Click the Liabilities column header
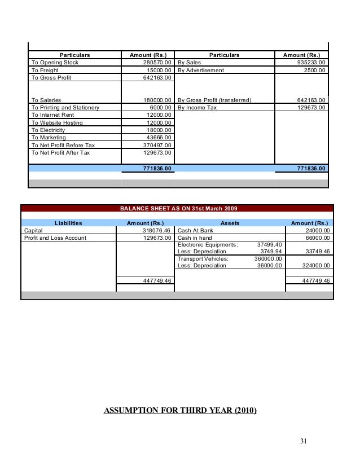[68, 223]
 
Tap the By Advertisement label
[200, 71]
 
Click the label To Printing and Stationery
[65, 107]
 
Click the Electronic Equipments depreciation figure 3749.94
[271, 252]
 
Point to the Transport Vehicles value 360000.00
[268, 259]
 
